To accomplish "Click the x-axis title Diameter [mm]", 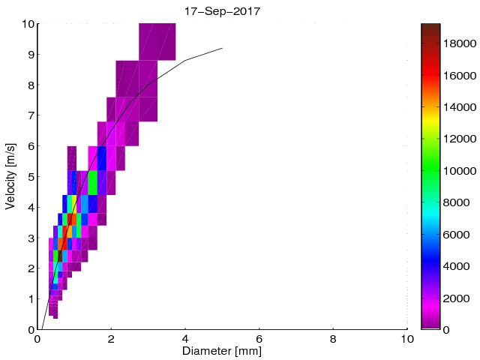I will tap(222, 350).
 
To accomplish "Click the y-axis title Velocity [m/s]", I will tap(10, 176).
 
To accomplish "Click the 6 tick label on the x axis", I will tap(259, 338).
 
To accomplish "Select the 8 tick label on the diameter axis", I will tap(333, 338).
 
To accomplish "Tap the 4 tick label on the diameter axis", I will tap(185, 338).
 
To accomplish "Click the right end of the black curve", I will tap(222, 48).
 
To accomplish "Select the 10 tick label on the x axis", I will tap(406, 338).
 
